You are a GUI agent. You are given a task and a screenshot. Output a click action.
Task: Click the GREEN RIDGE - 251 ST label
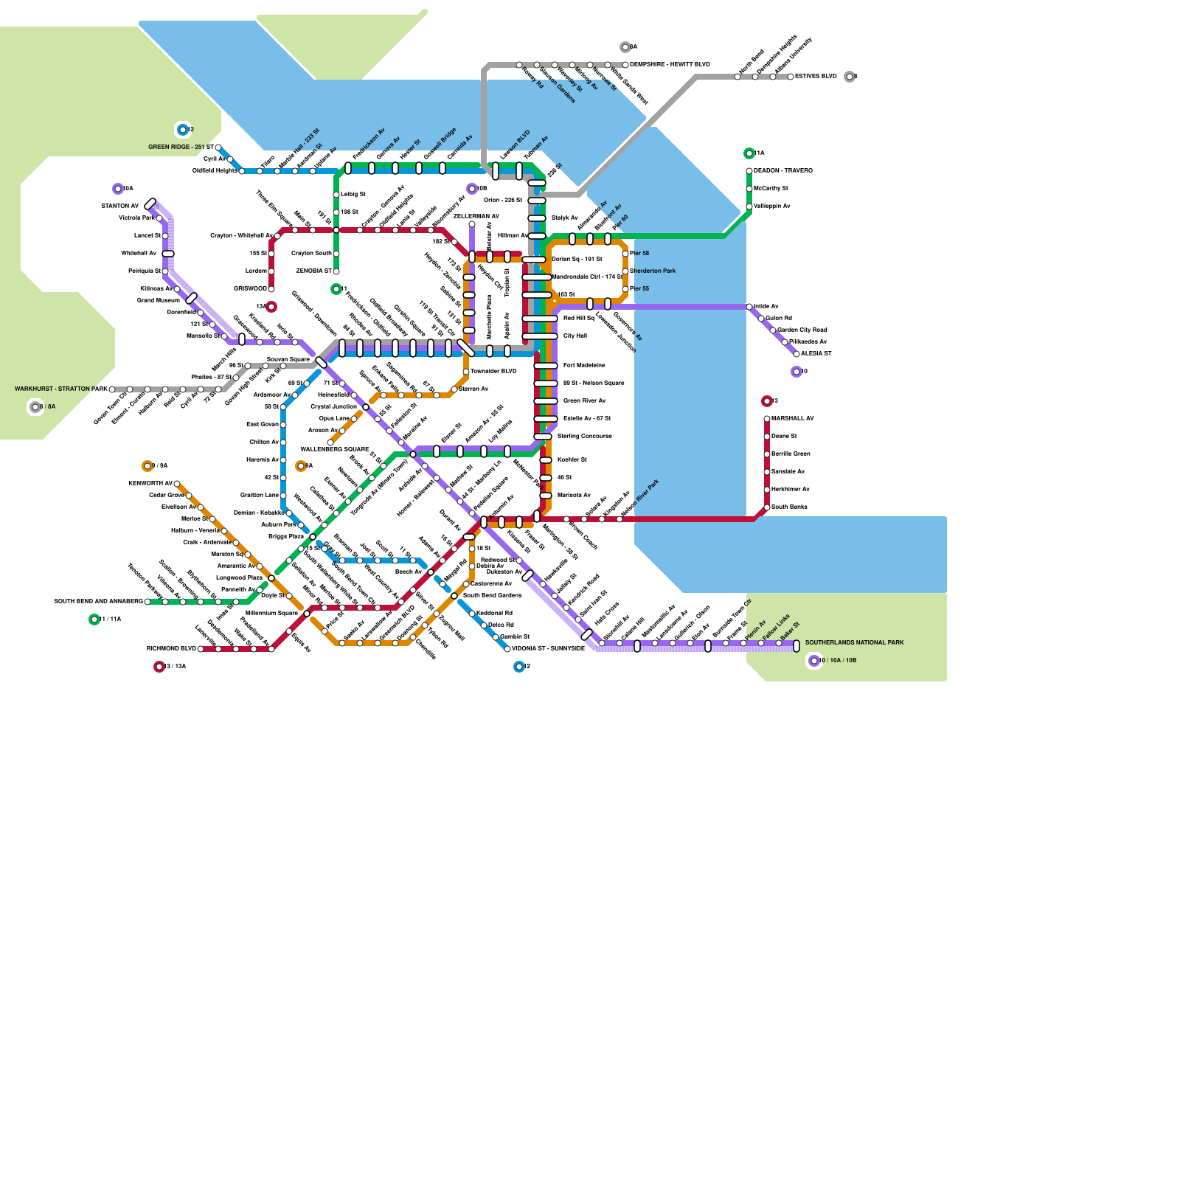(x=181, y=147)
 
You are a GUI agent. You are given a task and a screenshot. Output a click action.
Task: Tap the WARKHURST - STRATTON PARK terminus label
(x=60, y=389)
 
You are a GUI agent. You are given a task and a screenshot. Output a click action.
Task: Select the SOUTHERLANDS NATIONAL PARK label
(x=854, y=642)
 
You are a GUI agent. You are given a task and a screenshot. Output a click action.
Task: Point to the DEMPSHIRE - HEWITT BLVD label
(x=670, y=65)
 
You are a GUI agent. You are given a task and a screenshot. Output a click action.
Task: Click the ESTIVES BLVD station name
(x=816, y=77)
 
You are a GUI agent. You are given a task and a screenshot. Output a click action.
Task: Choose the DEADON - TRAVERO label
(x=783, y=171)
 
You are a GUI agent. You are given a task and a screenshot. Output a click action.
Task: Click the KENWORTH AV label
(x=150, y=484)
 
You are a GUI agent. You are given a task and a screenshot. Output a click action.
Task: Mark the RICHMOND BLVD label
(x=171, y=649)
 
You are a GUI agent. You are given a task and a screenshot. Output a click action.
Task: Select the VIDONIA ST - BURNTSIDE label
(x=548, y=649)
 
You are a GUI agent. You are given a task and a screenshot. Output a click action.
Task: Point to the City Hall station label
(x=575, y=336)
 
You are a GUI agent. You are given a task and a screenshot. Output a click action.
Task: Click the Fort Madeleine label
(x=584, y=366)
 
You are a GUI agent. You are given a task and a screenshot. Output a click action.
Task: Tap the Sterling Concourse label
(x=585, y=437)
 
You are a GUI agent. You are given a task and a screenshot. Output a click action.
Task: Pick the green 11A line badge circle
(x=749, y=153)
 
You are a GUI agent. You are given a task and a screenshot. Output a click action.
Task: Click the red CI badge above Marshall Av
(x=767, y=401)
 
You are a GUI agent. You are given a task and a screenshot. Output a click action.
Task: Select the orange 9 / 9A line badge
(x=147, y=466)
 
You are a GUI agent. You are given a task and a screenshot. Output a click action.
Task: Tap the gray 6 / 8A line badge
(x=35, y=407)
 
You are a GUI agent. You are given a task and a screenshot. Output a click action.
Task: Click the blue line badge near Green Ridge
(x=183, y=130)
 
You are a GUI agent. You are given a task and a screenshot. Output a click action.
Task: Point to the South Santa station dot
(x=767, y=507)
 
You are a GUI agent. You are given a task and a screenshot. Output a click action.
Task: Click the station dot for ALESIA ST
(x=796, y=354)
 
